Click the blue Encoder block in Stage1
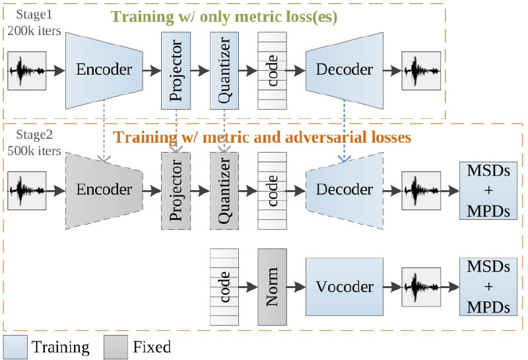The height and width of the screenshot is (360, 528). point(104,69)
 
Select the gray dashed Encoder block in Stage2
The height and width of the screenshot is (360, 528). point(104,190)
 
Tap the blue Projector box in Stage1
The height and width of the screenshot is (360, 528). point(175,69)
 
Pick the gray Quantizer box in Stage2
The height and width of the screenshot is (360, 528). point(224,190)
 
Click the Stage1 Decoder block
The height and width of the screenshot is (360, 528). point(345,69)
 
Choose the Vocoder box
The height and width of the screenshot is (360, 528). point(345,287)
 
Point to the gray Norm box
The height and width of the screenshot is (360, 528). point(273,287)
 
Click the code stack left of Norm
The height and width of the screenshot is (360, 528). point(224,287)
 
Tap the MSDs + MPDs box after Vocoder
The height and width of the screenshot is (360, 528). point(488,287)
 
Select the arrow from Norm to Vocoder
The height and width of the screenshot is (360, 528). point(297,287)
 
